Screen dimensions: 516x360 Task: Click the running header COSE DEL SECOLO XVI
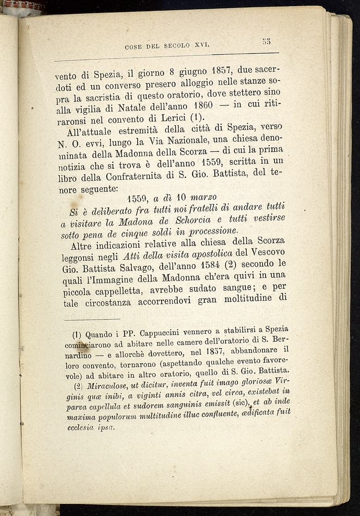167,46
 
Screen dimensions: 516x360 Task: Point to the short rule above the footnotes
92,319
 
